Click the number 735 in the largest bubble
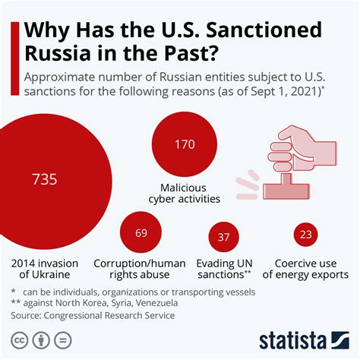[44, 180]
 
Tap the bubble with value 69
[141, 232]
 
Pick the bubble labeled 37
[223, 237]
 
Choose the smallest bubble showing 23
[306, 235]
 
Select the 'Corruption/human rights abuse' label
[140, 269]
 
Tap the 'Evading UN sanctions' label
[225, 269]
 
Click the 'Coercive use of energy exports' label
[311, 269]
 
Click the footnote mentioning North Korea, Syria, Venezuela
[95, 303]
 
